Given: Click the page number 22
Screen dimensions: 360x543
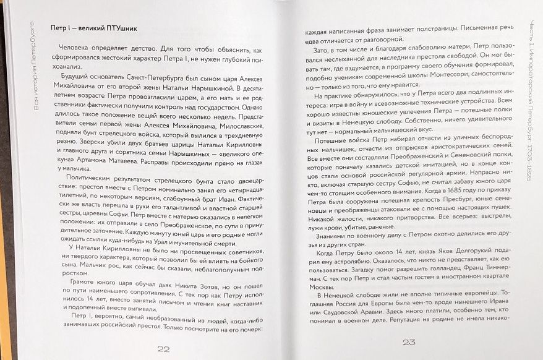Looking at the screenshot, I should click(163, 349).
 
